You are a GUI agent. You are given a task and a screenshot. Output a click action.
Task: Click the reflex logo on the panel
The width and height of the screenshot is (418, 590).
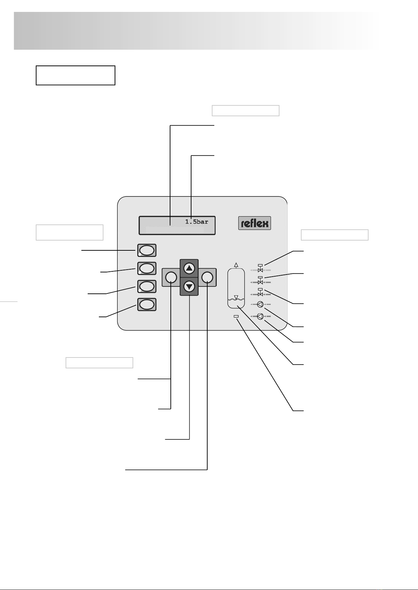tap(255, 223)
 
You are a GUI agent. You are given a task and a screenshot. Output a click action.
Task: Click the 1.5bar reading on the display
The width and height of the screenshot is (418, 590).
tap(196, 222)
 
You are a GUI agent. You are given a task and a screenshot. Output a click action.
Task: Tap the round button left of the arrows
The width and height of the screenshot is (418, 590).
tap(171, 277)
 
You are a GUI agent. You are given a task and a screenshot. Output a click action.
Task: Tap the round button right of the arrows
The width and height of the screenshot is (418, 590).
tap(207, 277)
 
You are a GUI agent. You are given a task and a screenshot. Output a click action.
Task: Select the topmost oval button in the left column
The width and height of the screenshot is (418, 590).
tap(147, 250)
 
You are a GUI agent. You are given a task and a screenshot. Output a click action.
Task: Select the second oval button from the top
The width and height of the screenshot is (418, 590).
tap(147, 269)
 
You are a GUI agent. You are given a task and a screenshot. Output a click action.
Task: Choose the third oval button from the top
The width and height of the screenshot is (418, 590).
tap(147, 286)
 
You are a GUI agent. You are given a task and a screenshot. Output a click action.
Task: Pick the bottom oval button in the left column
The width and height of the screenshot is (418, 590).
tap(147, 305)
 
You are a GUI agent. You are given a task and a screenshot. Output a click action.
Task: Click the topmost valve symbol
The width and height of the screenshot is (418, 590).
tap(260, 269)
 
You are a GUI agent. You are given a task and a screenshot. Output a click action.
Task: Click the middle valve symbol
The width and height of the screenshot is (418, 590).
tap(260, 280)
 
